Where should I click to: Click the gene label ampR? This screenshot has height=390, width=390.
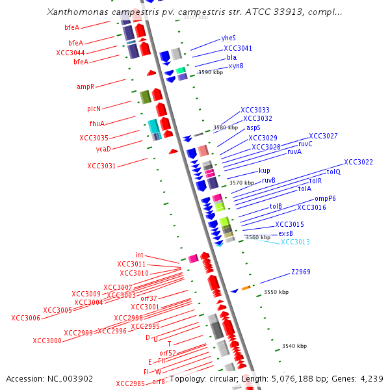(x=86, y=86)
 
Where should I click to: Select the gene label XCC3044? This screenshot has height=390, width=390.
(x=70, y=53)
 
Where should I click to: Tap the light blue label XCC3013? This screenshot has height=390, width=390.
(x=295, y=242)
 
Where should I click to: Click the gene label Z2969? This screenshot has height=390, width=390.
(x=300, y=272)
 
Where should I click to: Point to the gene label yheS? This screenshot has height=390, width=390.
(x=229, y=38)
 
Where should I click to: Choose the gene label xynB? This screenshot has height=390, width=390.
(x=236, y=66)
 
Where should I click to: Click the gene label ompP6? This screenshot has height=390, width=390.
(x=325, y=199)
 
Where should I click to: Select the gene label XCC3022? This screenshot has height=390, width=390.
(x=358, y=162)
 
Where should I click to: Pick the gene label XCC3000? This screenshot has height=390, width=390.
(x=47, y=341)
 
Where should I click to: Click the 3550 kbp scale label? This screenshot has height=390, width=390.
(x=276, y=292)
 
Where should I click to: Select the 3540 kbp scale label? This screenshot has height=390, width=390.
(x=294, y=346)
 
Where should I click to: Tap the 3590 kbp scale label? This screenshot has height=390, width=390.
(x=201, y=72)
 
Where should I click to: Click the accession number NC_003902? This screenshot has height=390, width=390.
(x=49, y=378)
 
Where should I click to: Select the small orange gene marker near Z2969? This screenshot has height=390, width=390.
(x=246, y=288)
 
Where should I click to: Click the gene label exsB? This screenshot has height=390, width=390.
(x=285, y=233)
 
